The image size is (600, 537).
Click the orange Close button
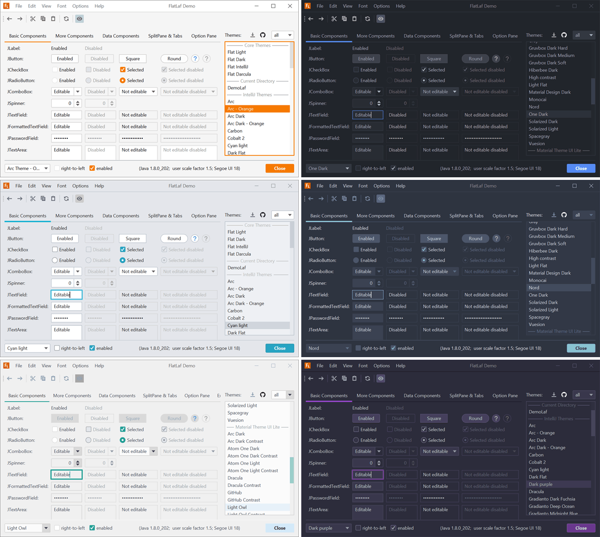tap(279, 168)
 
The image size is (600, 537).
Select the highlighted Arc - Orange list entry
tap(257, 109)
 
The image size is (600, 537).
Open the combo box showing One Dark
tap(329, 168)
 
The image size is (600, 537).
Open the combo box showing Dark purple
tap(329, 528)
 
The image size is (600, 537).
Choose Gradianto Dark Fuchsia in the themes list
tap(551, 499)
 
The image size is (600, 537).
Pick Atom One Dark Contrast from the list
tap(252, 456)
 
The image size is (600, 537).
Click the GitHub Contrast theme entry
tap(244, 500)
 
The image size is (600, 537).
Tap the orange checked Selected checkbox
tap(123, 70)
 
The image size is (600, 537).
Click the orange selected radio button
tap(123, 81)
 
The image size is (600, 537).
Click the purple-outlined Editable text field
tap(368, 475)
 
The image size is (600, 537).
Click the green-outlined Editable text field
tap(66, 475)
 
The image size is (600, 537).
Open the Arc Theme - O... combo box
tap(27, 168)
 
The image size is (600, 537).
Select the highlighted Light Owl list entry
tap(257, 507)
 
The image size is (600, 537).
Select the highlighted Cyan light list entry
tap(257, 325)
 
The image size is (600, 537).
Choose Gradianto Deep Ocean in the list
tap(551, 506)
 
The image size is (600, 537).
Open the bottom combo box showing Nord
tap(329, 348)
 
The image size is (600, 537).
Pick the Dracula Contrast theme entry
tap(244, 485)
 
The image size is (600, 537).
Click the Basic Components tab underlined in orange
tap(27, 36)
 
